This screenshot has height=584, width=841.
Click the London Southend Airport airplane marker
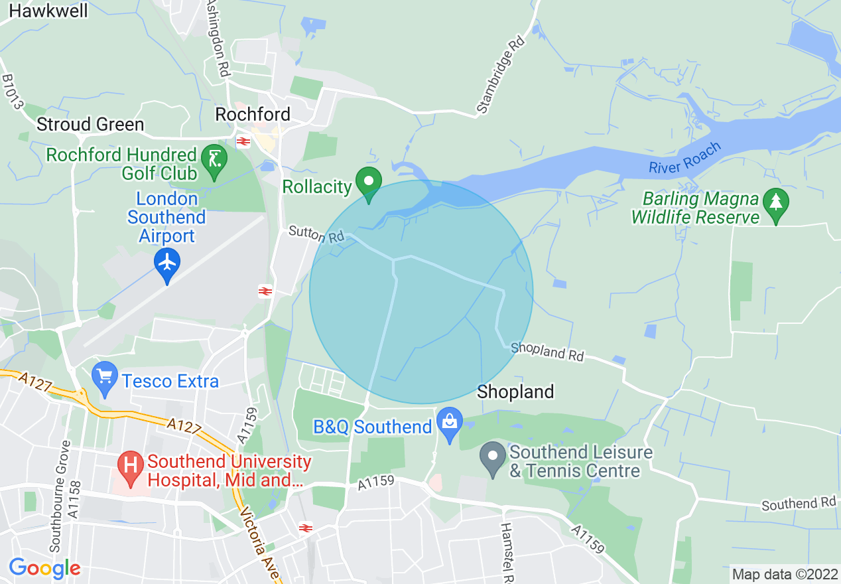[167, 263]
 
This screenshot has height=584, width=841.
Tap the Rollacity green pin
[368, 182]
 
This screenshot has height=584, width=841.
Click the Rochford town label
[253, 114]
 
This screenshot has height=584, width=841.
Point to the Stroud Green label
[90, 124]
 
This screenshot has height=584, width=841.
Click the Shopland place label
[515, 392]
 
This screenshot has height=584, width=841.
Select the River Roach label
[684, 158]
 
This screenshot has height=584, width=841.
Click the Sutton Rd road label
[316, 234]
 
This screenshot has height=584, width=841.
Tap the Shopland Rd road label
[547, 351]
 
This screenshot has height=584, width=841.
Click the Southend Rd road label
[799, 504]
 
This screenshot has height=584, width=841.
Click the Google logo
[44, 568]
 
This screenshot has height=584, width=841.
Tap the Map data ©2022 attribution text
[785, 573]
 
